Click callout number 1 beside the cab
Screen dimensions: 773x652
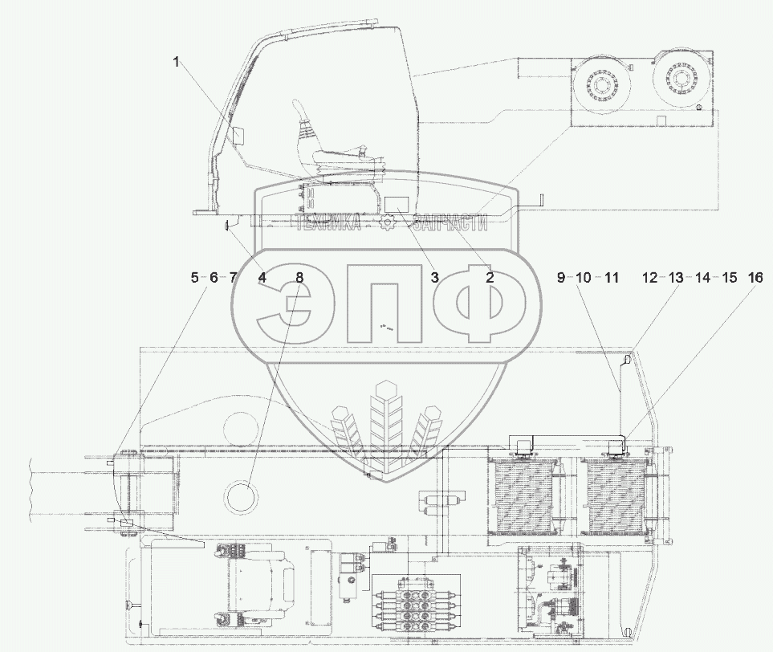coord(176,63)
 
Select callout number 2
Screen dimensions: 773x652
coord(489,277)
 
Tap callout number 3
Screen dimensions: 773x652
coord(434,277)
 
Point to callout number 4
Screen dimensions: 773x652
coord(262,277)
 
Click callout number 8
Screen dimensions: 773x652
coord(299,277)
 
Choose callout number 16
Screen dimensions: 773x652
coord(756,277)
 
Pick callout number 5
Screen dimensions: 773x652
coord(195,277)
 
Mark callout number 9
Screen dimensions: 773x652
coord(561,277)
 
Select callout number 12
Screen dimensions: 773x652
coord(649,277)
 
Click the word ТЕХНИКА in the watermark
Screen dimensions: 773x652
coord(327,223)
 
